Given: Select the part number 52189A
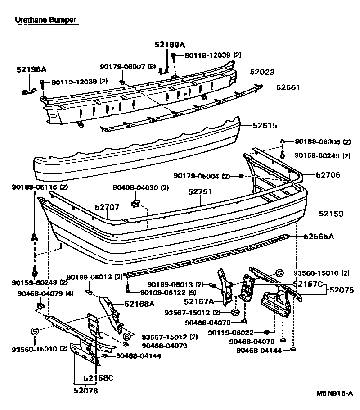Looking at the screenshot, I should point(170,45).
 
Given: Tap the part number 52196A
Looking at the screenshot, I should point(31,69).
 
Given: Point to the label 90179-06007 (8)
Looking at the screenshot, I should point(127,67).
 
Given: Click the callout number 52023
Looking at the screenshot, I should point(262,72).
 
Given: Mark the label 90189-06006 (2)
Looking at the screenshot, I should point(322,141).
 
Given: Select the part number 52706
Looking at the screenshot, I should point(328,175).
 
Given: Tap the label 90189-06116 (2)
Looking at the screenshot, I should point(34,187).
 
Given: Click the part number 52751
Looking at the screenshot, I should point(200,191).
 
